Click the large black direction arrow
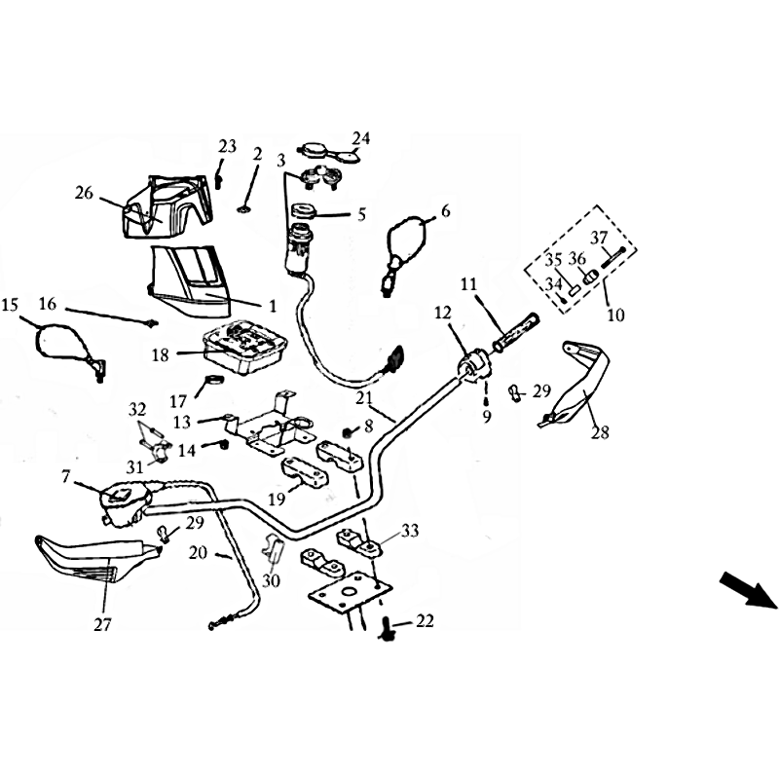tap(748, 590)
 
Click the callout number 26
tap(84, 193)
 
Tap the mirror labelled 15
tap(69, 351)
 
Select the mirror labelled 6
tap(405, 253)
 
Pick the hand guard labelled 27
tap(94, 559)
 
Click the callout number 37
tap(599, 238)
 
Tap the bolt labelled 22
tap(388, 626)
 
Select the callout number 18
tap(161, 354)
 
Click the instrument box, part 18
tap(245, 347)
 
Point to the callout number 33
tap(410, 531)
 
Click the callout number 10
tap(615, 315)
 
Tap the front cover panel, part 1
tap(190, 280)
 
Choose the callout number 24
tap(361, 138)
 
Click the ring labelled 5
tap(303, 210)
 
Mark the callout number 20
tap(198, 552)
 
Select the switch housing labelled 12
tap(474, 366)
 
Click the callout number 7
tap(65, 477)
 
